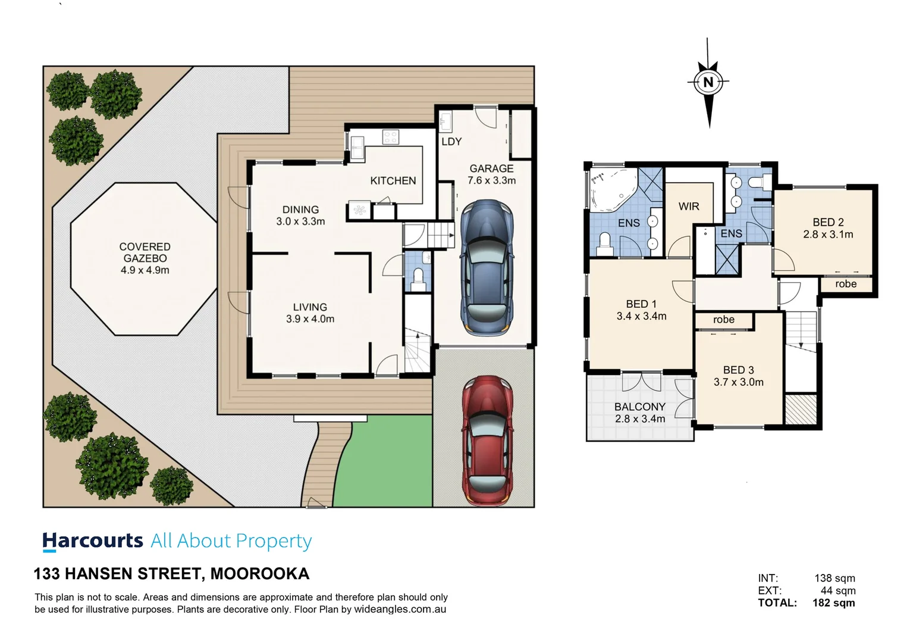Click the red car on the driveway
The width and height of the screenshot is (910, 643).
click(x=487, y=441)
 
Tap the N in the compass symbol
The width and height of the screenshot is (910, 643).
click(x=708, y=82)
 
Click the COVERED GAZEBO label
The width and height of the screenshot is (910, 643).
click(x=145, y=252)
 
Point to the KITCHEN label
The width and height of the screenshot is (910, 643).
click(x=393, y=180)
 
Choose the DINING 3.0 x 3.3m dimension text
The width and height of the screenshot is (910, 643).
click(x=300, y=221)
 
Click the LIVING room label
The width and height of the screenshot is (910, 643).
click(x=310, y=307)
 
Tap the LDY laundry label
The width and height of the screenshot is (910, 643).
click(x=451, y=142)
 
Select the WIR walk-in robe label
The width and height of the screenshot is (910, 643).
click(x=689, y=207)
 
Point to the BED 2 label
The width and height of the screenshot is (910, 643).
click(x=828, y=222)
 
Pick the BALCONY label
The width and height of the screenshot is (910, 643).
click(x=639, y=407)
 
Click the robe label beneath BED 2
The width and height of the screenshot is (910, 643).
click(x=845, y=284)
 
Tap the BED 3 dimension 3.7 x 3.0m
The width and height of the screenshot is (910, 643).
click(x=738, y=382)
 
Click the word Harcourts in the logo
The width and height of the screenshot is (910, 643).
click(x=93, y=541)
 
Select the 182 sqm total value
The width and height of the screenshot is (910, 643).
click(x=833, y=603)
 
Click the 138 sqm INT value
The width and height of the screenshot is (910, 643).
click(x=834, y=578)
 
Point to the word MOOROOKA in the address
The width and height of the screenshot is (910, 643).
click(x=259, y=573)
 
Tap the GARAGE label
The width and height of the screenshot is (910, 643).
click(x=491, y=168)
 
